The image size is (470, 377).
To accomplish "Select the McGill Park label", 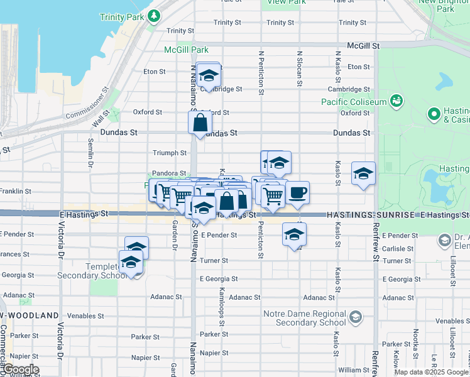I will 186,49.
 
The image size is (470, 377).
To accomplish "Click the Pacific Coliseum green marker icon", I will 396,100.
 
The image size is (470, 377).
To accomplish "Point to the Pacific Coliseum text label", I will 353,102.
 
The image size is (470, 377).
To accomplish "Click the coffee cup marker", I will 298,192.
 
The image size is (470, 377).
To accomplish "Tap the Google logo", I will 21,369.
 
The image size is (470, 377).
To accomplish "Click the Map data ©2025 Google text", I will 431,372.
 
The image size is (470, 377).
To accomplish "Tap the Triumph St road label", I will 170,153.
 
